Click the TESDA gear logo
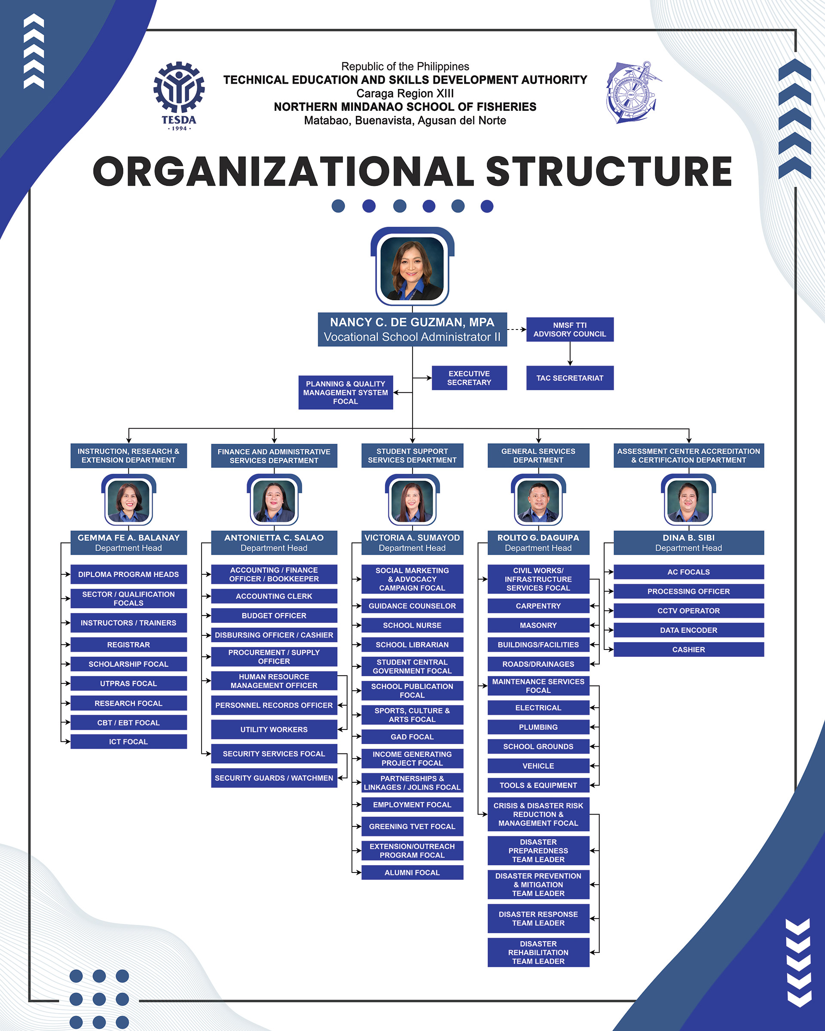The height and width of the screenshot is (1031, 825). coord(179,96)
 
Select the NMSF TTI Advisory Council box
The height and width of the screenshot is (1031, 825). coord(570,329)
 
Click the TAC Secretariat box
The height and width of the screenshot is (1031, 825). coord(570,378)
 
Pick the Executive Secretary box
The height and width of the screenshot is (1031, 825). coord(469,378)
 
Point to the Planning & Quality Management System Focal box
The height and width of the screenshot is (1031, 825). coord(346,392)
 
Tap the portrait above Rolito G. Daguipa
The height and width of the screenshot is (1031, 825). coord(538,500)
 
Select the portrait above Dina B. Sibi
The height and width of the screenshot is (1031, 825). coord(688,500)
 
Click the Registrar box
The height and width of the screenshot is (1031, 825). coord(128,645)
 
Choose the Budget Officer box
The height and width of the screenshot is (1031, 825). coord(274,616)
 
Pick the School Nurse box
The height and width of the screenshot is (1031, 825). coord(412,625)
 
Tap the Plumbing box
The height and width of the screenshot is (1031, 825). coord(538,727)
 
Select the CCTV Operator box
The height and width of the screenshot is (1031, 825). coord(689,611)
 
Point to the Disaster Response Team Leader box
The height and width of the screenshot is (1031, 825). coord(538,918)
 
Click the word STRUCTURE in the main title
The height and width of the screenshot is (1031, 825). coord(608,171)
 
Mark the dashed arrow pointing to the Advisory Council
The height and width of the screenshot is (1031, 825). coord(516,329)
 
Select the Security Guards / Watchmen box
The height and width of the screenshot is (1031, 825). coord(274,778)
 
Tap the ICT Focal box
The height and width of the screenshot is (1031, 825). coord(128,742)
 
